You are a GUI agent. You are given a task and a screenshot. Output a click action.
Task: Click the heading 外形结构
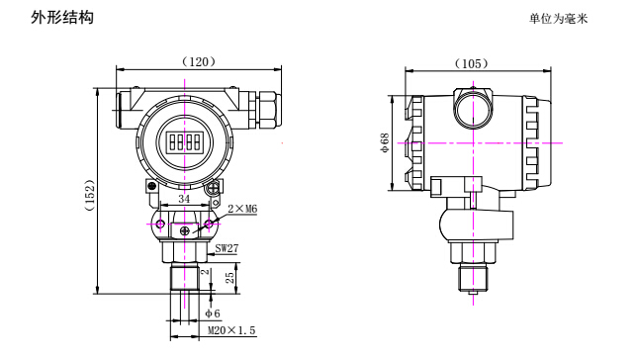click(62, 18)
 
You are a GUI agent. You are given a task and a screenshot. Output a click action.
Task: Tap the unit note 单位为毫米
click(558, 19)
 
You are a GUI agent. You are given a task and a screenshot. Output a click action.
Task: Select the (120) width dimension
click(199, 62)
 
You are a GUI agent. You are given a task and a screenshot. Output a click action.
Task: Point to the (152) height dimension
click(89, 195)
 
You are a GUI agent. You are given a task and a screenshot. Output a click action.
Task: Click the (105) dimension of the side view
click(472, 64)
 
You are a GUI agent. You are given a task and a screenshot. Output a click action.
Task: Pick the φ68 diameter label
click(385, 142)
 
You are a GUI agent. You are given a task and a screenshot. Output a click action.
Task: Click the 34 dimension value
click(184, 199)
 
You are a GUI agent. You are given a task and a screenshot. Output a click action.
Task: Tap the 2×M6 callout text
click(242, 209)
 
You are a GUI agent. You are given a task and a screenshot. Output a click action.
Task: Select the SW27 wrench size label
click(227, 248)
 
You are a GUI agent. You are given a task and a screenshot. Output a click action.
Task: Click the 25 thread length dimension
click(230, 278)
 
